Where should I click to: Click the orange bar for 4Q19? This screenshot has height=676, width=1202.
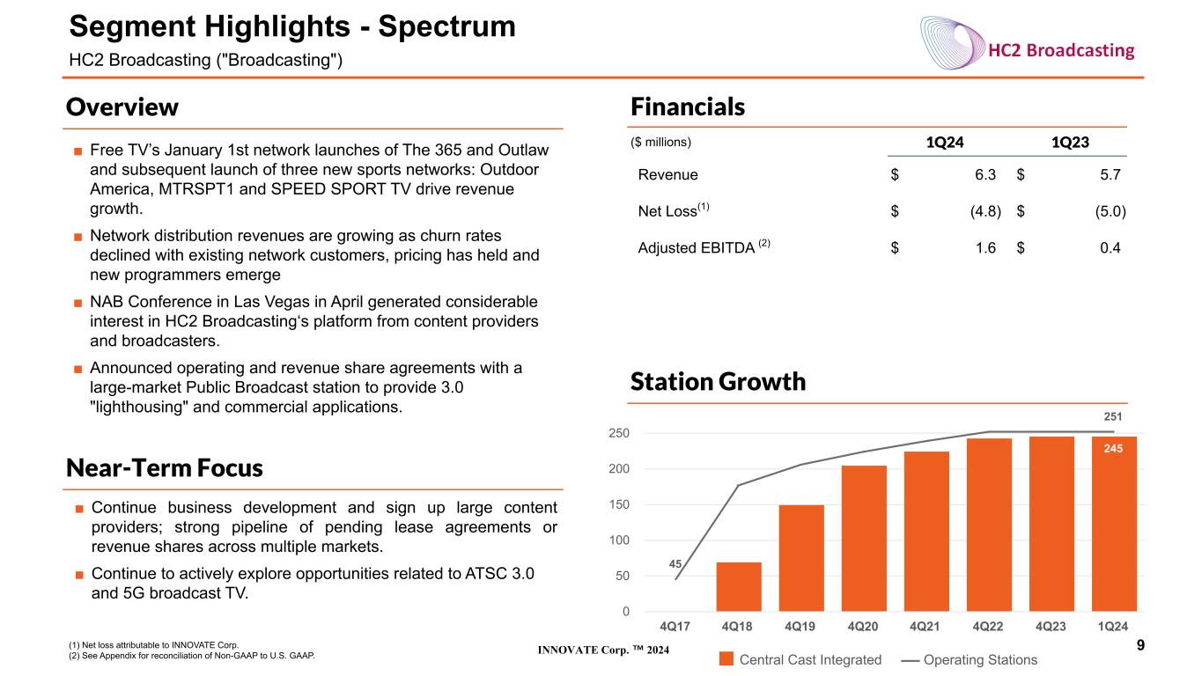801,558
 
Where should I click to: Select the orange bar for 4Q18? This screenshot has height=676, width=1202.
738,587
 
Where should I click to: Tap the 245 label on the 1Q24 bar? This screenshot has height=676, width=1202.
1113,449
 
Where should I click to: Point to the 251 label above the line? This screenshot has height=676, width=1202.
1113,416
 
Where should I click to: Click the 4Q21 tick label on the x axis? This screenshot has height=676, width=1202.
925,626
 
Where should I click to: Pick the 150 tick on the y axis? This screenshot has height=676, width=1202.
619,504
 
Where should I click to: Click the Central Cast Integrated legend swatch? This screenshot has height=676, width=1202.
726,658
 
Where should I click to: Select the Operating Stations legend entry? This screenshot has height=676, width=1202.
970,659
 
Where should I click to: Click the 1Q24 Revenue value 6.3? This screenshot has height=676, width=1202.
985,174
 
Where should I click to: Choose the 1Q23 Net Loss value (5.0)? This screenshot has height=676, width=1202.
1110,211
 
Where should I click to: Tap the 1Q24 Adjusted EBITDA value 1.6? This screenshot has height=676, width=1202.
985,247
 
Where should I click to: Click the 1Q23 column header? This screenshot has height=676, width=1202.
1070,143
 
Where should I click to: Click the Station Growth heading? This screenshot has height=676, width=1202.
718,381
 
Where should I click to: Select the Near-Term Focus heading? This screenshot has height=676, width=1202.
164,468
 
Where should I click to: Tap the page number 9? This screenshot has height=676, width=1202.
1140,645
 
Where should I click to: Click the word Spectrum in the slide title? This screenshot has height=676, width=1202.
446,26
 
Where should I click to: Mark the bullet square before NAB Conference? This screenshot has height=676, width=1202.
78,303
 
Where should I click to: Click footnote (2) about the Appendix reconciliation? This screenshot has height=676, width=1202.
192,656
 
